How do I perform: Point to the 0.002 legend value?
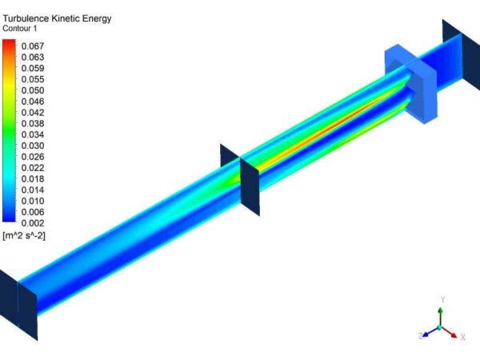click(x=32, y=222)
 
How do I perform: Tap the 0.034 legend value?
click(x=32, y=134)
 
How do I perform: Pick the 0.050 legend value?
click(x=32, y=90)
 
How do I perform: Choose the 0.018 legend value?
click(x=32, y=178)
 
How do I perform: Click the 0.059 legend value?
click(x=32, y=69)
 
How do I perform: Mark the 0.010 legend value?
click(x=32, y=201)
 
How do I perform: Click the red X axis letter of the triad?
click(x=462, y=338)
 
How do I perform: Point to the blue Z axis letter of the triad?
click(x=420, y=336)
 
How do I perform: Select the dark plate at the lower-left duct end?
click(x=8, y=299)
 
